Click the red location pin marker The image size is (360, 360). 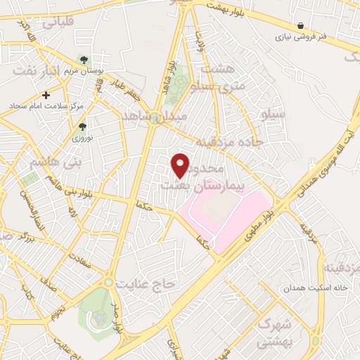181,165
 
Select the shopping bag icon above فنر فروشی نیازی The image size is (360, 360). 300,25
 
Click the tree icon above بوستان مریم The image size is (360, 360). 84,60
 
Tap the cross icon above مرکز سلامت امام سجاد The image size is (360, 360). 46,95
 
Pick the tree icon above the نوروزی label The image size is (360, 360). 83,127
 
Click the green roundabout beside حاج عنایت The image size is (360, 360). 110,282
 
